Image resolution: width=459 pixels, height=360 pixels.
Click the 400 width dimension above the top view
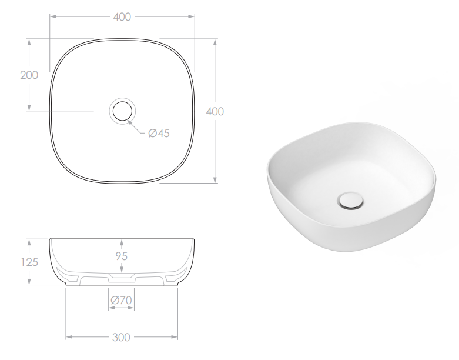[x=122, y=17]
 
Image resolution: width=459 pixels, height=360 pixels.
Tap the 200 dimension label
[x=28, y=75]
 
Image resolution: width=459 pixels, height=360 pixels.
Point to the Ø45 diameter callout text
[x=159, y=134]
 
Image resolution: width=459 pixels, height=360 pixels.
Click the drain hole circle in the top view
[x=122, y=110]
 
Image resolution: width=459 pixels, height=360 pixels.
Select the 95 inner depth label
[x=121, y=256]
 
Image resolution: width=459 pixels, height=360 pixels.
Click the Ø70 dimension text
[x=121, y=301]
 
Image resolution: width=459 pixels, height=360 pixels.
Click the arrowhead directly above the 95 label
[x=121, y=242]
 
